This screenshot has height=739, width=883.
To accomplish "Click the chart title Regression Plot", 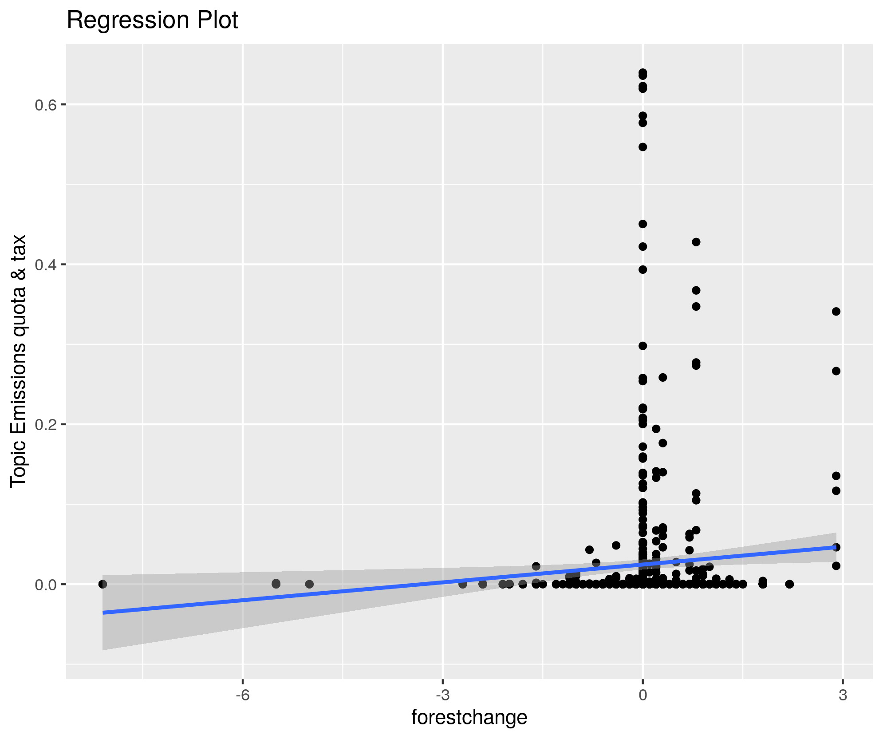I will [x=152, y=20].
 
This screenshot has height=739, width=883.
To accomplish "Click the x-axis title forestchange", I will [x=469, y=717].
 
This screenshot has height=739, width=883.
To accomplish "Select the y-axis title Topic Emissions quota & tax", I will [x=19, y=361].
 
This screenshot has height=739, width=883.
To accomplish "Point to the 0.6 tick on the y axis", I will [x=44, y=105].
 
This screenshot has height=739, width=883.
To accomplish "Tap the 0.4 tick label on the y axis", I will [x=44, y=265].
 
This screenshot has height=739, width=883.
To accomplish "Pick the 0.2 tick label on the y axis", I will [x=44, y=424].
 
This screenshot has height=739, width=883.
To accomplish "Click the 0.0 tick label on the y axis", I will [x=44, y=585].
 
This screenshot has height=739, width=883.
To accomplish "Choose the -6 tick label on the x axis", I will [x=242, y=695].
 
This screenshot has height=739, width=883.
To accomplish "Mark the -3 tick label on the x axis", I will [x=442, y=695].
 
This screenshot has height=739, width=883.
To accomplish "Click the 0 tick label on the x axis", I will [x=643, y=695].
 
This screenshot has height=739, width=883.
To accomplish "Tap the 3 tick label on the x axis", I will [x=843, y=695].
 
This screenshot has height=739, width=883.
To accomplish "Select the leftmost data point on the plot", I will [x=102, y=584].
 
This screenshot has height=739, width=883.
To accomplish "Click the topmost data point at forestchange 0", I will [x=643, y=73].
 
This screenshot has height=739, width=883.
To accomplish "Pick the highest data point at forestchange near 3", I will [x=836, y=312].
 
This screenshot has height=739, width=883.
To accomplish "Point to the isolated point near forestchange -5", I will [x=309, y=584].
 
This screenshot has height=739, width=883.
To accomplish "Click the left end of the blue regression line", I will [x=103, y=613].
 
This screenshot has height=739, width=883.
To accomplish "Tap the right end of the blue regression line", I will [x=836, y=547].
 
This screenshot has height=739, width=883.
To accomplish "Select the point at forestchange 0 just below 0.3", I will [x=643, y=346].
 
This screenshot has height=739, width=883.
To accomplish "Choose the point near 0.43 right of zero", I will [x=696, y=242].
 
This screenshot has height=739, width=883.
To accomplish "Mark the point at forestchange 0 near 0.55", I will [x=643, y=147].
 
